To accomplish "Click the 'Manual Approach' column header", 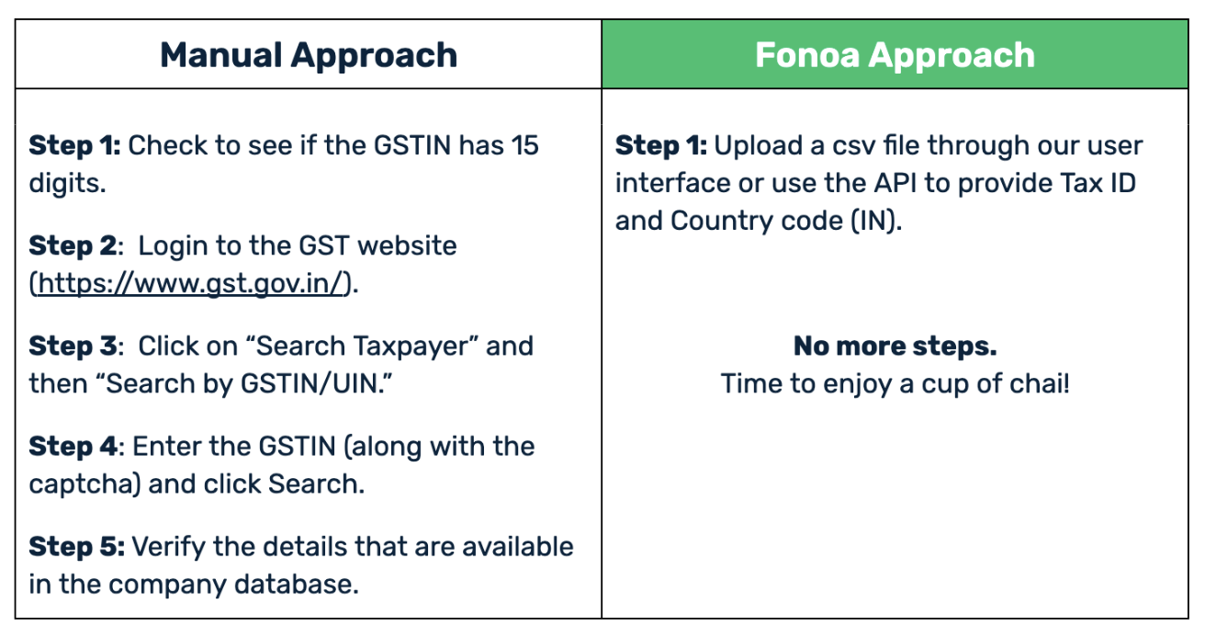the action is click(309, 55).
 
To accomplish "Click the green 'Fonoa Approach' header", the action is click(895, 55).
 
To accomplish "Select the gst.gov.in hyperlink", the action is click(190, 283).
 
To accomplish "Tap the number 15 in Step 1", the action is click(524, 145).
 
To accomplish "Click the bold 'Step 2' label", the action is click(73, 246).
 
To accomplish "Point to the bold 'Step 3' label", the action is click(73, 347).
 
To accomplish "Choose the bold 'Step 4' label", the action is click(73, 447).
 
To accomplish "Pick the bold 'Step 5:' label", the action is click(77, 546).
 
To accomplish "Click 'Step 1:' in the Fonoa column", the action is click(661, 145).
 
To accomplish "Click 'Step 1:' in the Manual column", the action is click(74, 145).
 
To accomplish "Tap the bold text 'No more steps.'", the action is click(895, 346).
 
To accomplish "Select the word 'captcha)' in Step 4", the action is click(85, 484).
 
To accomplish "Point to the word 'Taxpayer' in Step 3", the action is click(416, 347).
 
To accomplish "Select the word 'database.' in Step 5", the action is click(297, 584).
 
